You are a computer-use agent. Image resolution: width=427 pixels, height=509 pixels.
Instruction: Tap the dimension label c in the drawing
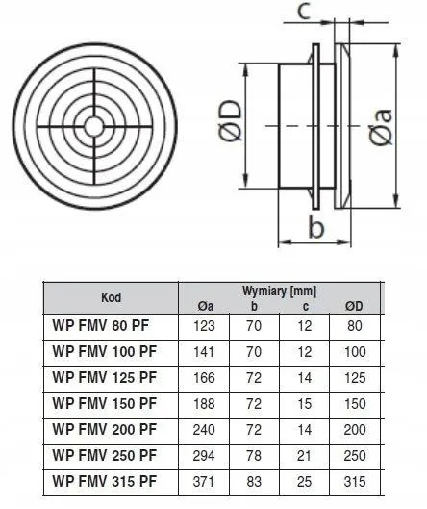(x=304, y=13)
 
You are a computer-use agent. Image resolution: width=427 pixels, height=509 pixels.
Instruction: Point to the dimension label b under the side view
(x=313, y=228)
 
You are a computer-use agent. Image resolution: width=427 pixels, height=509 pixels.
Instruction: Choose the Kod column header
(x=112, y=296)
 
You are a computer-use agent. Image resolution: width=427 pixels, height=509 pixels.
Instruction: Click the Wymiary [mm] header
(x=280, y=289)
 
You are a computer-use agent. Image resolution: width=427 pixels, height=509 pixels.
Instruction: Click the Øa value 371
(x=205, y=479)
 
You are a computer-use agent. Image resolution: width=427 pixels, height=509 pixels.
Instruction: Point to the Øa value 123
(x=205, y=325)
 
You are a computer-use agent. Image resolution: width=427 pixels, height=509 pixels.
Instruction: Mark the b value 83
(x=254, y=479)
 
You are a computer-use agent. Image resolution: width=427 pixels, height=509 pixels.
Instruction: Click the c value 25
(x=305, y=479)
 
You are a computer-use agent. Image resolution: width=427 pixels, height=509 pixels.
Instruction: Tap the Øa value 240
(x=205, y=428)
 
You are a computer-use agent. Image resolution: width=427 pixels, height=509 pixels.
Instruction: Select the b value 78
(x=254, y=454)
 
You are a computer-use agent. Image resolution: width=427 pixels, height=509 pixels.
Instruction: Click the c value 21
(x=305, y=454)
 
